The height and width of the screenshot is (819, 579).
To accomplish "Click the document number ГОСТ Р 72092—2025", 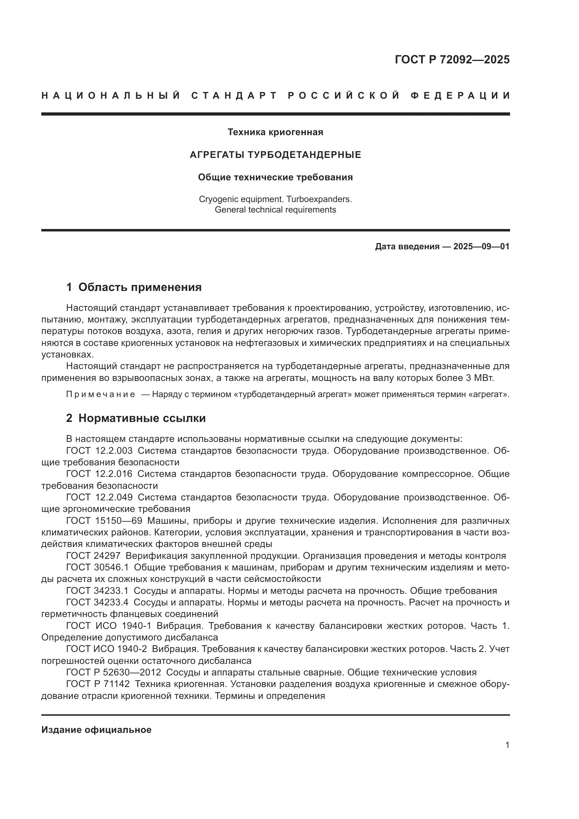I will (x=452, y=60).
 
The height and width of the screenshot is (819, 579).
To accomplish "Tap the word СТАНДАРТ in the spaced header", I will (x=234, y=96).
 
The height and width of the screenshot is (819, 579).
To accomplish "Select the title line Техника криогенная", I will (x=275, y=132).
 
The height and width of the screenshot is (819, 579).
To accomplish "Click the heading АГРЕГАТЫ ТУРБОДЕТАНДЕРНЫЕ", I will (x=275, y=155).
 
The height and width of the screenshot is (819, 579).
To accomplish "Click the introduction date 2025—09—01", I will (x=481, y=247).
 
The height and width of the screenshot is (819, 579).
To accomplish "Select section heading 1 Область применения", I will (x=134, y=287).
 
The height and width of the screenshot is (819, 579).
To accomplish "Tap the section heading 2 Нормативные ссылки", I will (x=136, y=418).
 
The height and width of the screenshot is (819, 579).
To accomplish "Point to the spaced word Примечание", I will (x=100, y=394).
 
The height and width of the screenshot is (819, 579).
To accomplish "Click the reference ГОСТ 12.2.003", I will (x=99, y=451).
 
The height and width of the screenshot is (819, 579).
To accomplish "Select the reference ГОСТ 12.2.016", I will (x=99, y=474).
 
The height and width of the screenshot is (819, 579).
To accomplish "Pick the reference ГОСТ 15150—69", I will (x=104, y=521).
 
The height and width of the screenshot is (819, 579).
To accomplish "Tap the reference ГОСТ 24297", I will (x=93, y=556).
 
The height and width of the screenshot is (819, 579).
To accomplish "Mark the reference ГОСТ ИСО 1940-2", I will (x=107, y=649).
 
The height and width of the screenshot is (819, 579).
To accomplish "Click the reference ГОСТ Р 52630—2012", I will (x=113, y=672).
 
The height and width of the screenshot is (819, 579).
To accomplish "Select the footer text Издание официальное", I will (x=96, y=730).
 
